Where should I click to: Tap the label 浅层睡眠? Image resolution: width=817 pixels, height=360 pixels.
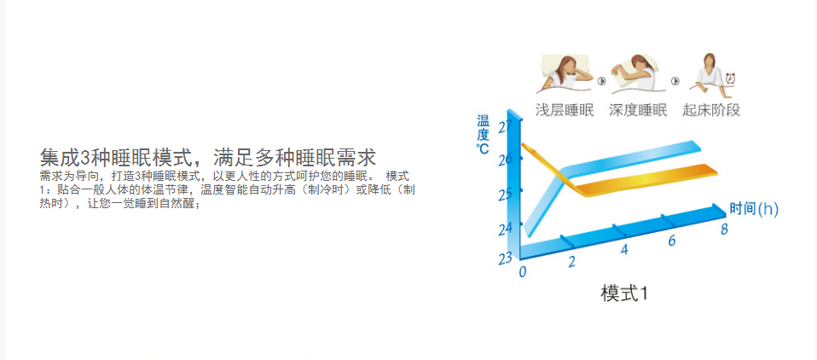coord(565,110)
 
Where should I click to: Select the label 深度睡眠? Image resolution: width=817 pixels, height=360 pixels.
coord(638,110)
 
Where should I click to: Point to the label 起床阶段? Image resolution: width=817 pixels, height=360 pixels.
coord(711,110)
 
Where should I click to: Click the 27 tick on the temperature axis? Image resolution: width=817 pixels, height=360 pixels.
coord(505,126)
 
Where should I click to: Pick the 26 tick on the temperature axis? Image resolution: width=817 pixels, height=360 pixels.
coord(505,160)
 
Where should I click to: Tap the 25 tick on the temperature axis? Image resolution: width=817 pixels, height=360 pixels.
coord(505,195)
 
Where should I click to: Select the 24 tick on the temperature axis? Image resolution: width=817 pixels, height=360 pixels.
coord(505,228)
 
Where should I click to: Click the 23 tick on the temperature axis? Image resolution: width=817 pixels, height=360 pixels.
coord(505,259)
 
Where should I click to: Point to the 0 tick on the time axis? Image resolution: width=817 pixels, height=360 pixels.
coord(523,272)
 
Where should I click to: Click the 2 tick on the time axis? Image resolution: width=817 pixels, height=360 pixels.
coord(571,262)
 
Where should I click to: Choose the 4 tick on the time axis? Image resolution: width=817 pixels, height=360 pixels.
coord(624,250)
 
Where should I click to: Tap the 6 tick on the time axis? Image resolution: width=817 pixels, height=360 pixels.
coord(672,241)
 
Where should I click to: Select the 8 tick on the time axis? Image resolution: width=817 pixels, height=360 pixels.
coord(724,229)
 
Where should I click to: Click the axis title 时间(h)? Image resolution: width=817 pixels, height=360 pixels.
coord(754,209)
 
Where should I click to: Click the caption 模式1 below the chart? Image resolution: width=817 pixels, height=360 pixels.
coord(625,293)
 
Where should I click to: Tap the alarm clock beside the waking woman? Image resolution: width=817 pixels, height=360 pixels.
coord(731,78)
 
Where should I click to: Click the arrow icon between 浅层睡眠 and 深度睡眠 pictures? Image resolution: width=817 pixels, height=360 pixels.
coord(602,81)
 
